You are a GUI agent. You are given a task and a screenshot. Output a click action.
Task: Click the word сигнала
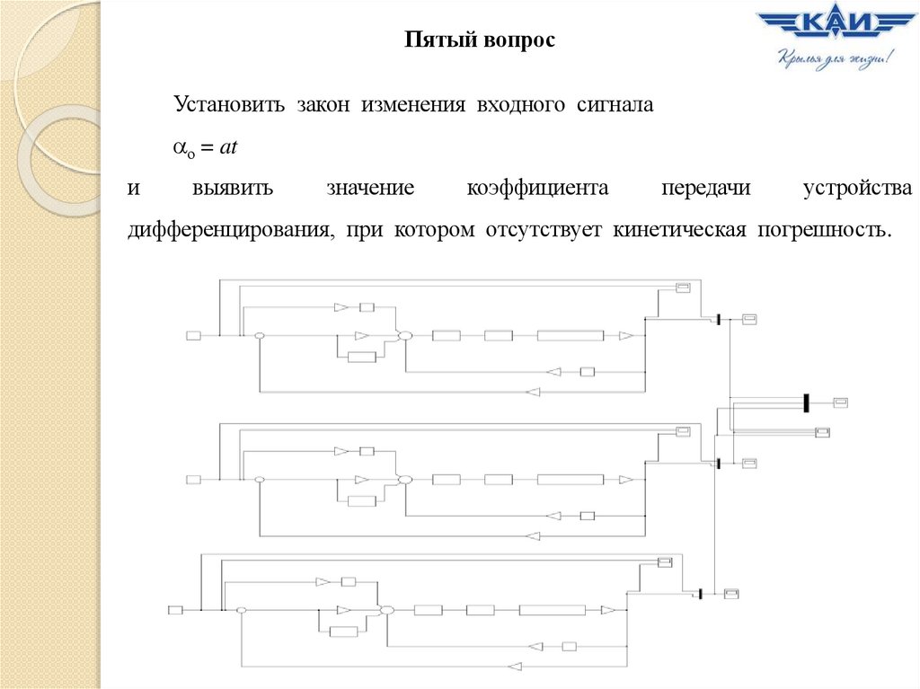click(x=615, y=105)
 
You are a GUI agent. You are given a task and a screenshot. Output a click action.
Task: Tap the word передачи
click(x=703, y=189)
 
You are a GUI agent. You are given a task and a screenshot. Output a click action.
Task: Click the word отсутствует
click(x=546, y=230)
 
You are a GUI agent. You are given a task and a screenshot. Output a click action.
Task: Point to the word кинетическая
click(x=680, y=230)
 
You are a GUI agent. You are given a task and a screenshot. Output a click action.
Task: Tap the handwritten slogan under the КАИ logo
click(x=833, y=62)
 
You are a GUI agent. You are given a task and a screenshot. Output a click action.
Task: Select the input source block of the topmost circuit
click(x=193, y=335)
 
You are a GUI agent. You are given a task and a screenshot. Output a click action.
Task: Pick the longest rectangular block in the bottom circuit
click(x=552, y=610)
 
